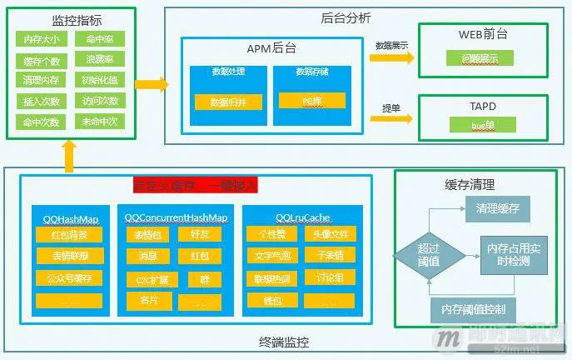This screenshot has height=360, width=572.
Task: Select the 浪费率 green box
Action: pos(99,60)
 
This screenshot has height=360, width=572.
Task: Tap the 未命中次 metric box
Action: pos(99,122)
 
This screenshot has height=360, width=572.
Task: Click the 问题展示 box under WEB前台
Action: pos(479,59)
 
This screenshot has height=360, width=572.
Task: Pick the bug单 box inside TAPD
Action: pos(482,125)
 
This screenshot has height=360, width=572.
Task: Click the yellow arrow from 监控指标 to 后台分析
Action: pos(151,84)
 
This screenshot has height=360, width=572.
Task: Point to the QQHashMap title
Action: pos(71,218)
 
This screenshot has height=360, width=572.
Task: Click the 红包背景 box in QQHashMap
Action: pos(70,236)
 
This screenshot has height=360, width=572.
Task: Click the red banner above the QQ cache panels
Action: pos(196,184)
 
